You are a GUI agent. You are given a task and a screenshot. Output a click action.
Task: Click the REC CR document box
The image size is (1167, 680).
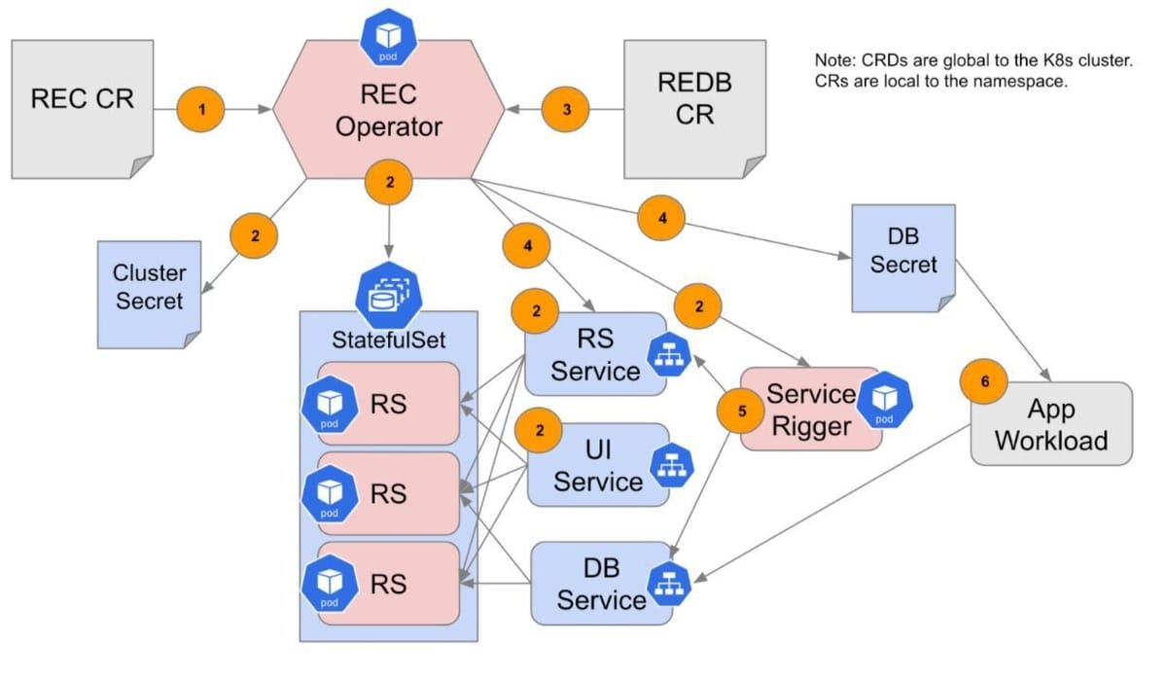82,108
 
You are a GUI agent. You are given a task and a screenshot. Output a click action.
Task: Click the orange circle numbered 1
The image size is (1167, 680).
201,110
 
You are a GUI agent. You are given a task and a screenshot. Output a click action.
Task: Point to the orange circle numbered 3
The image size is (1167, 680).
567,110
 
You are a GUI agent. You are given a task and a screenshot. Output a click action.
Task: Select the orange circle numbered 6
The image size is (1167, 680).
984,382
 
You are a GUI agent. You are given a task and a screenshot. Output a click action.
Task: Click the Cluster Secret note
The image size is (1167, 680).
149,288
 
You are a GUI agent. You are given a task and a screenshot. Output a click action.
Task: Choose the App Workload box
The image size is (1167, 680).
1051,423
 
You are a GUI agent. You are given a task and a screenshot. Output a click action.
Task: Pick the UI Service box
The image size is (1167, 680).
597,465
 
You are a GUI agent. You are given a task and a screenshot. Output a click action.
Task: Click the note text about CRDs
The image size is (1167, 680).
974,71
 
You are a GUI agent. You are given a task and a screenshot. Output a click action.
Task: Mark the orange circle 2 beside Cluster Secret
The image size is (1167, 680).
253,234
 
